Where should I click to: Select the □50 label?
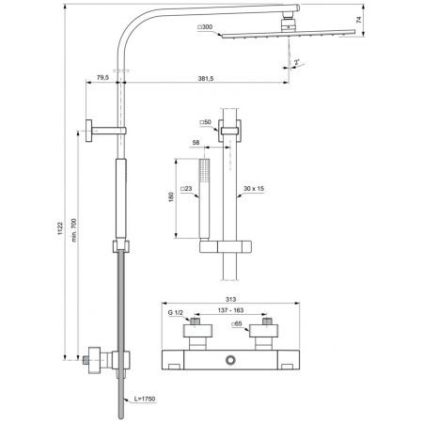pos(205,123)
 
